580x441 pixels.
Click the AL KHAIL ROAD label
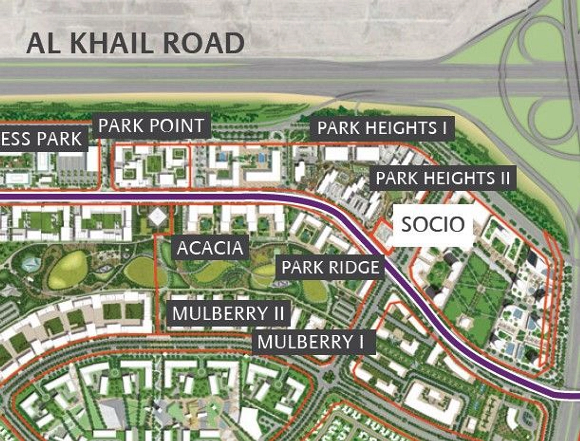click(135, 43)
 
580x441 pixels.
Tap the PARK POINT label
click(151, 125)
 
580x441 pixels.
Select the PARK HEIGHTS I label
click(382, 128)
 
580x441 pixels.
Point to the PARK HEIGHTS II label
click(443, 178)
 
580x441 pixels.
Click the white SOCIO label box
click(433, 225)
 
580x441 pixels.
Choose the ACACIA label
click(210, 248)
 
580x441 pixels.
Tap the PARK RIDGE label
click(330, 267)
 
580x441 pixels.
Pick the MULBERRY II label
click(228, 313)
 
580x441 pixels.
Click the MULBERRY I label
click(311, 342)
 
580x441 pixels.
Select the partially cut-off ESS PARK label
click(42, 139)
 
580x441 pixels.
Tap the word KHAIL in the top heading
click(110, 43)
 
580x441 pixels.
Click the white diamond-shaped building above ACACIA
click(158, 216)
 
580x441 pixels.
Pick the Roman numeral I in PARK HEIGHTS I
click(445, 128)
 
